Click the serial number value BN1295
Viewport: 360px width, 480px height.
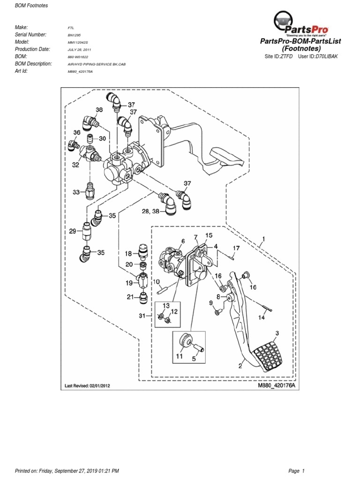tap(74, 35)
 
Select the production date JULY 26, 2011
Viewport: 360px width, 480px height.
tap(79, 49)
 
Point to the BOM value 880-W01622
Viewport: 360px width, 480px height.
tap(78, 56)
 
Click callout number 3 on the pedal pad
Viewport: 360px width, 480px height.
tap(277, 333)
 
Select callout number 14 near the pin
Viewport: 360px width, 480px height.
tap(262, 317)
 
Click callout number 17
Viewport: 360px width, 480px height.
tap(236, 248)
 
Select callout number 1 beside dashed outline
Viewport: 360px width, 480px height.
tap(263, 239)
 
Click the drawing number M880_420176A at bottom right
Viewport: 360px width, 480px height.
tap(277, 386)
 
